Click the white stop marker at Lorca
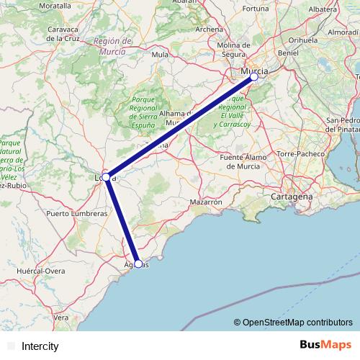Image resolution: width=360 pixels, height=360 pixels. (x=106, y=176)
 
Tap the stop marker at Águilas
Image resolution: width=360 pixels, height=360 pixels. (x=138, y=264)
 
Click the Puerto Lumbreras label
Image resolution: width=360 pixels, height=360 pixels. (x=76, y=214)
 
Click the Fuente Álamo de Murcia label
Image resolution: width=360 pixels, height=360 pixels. (x=243, y=161)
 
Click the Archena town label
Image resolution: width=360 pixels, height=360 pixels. (x=209, y=30)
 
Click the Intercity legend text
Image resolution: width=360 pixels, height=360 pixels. (x=40, y=346)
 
